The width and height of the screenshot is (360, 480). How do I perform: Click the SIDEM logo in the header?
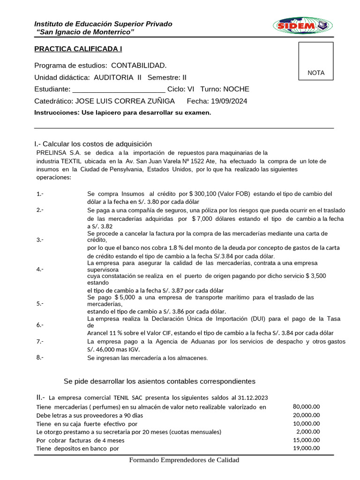tap(302, 26)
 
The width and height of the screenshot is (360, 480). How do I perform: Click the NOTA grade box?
tap(316, 61)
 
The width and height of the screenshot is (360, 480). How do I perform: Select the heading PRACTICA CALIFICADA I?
tap(78, 49)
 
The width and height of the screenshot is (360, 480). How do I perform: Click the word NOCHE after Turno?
tap(236, 90)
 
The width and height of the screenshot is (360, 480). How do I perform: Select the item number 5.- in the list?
tap(40, 303)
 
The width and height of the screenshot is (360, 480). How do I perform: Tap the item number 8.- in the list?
tap(40, 358)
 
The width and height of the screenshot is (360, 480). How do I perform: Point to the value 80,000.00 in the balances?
tap(306, 406)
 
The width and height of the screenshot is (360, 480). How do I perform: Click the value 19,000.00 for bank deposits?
tap(306, 448)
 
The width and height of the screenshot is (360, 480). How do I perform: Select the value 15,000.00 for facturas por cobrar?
tap(306, 440)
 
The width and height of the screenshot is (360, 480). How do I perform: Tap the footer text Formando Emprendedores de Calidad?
tap(184, 460)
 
